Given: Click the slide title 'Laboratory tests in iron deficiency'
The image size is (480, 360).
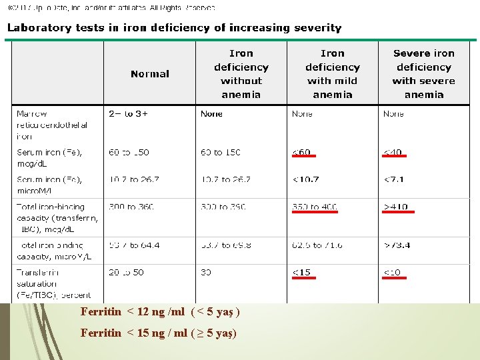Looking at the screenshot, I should (174, 28).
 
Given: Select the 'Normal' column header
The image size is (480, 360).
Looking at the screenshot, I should (150, 74).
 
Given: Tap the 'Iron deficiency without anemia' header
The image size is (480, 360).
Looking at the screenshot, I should (241, 74).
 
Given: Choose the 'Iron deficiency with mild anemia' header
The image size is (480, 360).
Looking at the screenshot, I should (333, 74).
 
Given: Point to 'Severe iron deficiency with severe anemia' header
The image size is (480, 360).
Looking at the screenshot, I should (424, 74).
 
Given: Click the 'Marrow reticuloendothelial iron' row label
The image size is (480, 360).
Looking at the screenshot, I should (44, 125).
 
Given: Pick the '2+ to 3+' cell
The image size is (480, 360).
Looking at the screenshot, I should (129, 114).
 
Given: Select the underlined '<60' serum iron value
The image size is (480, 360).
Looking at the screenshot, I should (302, 153).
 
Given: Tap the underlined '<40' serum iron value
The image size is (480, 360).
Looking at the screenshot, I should (393, 153).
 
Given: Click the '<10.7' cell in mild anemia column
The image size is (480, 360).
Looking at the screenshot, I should (306, 179).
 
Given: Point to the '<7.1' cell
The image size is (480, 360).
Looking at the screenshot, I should (393, 179).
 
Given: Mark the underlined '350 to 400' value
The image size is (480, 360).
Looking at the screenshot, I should (315, 207).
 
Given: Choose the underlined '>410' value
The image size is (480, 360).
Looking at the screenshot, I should (397, 207).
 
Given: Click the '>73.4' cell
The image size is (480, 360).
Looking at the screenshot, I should (397, 245).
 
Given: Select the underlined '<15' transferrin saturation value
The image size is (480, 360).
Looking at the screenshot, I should (302, 272).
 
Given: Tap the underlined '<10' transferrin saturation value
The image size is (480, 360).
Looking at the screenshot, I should (393, 272).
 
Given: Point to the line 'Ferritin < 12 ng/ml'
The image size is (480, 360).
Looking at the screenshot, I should (160, 312).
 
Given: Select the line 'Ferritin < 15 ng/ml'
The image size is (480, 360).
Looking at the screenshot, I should (159, 333).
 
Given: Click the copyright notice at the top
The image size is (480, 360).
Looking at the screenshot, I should (112, 8).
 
